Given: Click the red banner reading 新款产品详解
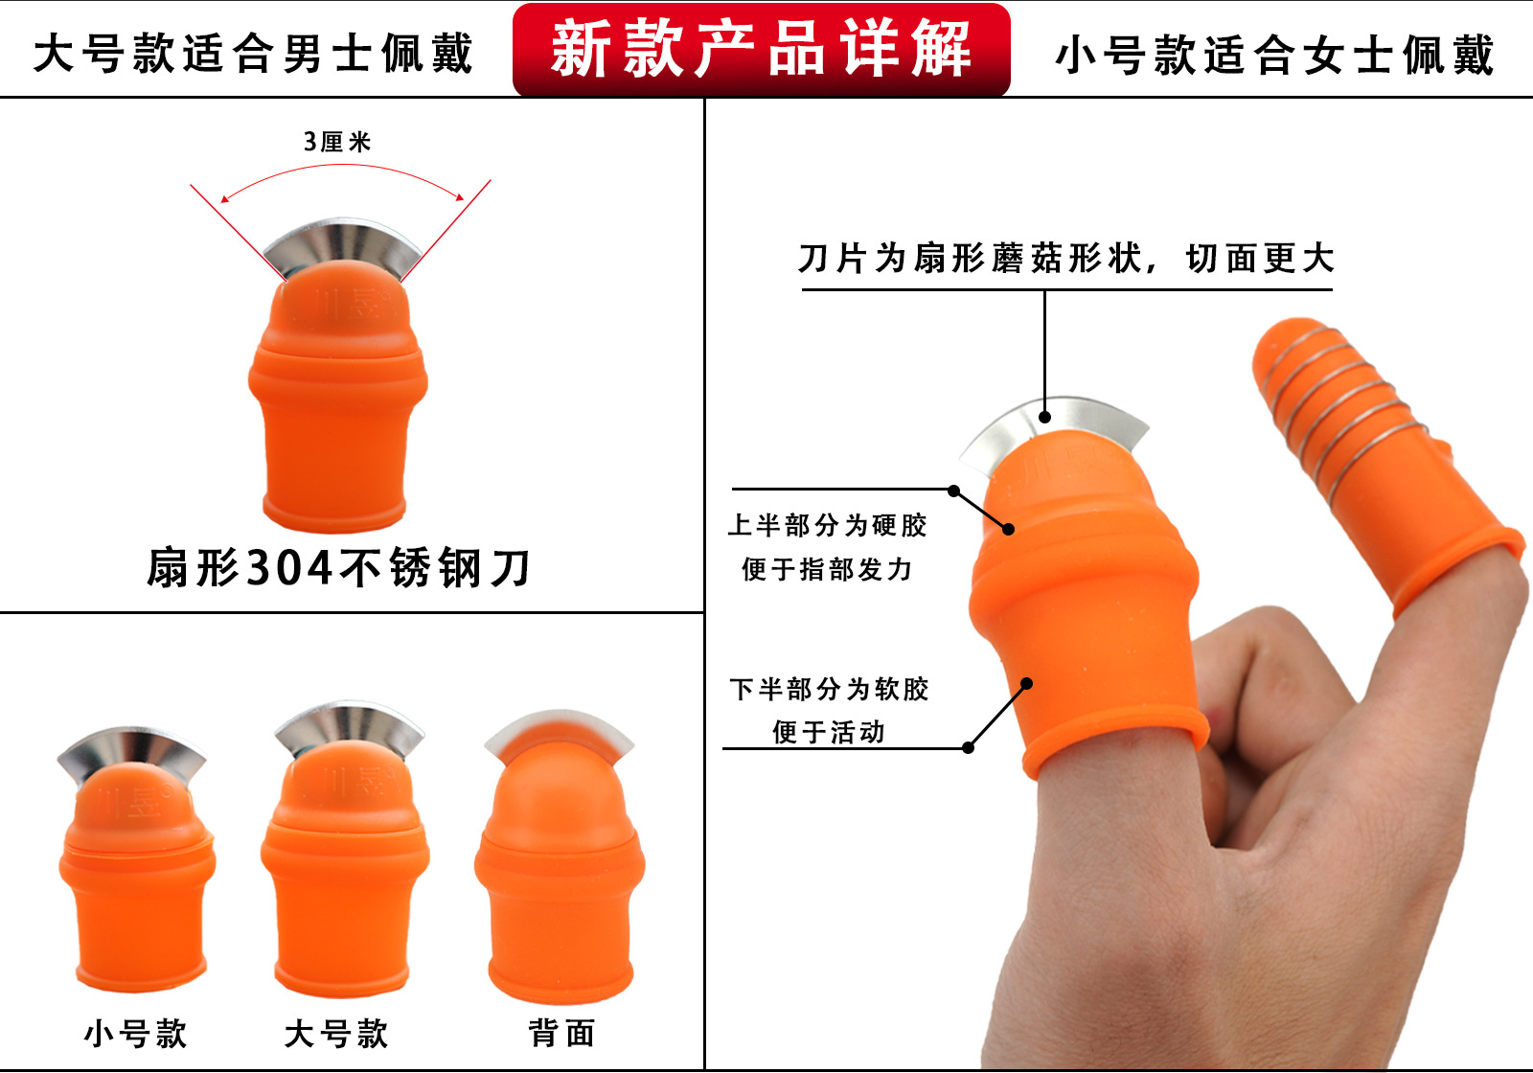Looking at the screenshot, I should [x=762, y=49].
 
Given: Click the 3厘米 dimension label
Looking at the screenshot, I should [x=337, y=142].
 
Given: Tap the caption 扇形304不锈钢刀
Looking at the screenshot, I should [x=339, y=568].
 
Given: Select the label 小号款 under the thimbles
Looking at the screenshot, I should [x=136, y=1034].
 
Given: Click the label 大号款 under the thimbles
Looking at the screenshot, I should [x=336, y=1034].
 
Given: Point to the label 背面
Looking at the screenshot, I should [x=562, y=1033].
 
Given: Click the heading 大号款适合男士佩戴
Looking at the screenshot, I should [x=254, y=53].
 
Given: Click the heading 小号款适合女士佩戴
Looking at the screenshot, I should [x=1274, y=55].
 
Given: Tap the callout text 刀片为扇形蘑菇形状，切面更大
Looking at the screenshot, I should [x=1065, y=258].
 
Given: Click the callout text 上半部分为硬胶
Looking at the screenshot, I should [x=828, y=525].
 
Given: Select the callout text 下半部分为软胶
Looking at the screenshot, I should [x=830, y=689].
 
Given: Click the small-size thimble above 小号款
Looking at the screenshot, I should [x=136, y=872].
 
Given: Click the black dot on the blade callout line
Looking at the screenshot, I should [x=1045, y=416].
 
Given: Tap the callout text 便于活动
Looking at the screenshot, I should [x=829, y=732].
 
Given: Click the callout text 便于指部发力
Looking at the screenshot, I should [x=828, y=569].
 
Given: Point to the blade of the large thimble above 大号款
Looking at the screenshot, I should [x=349, y=724].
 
